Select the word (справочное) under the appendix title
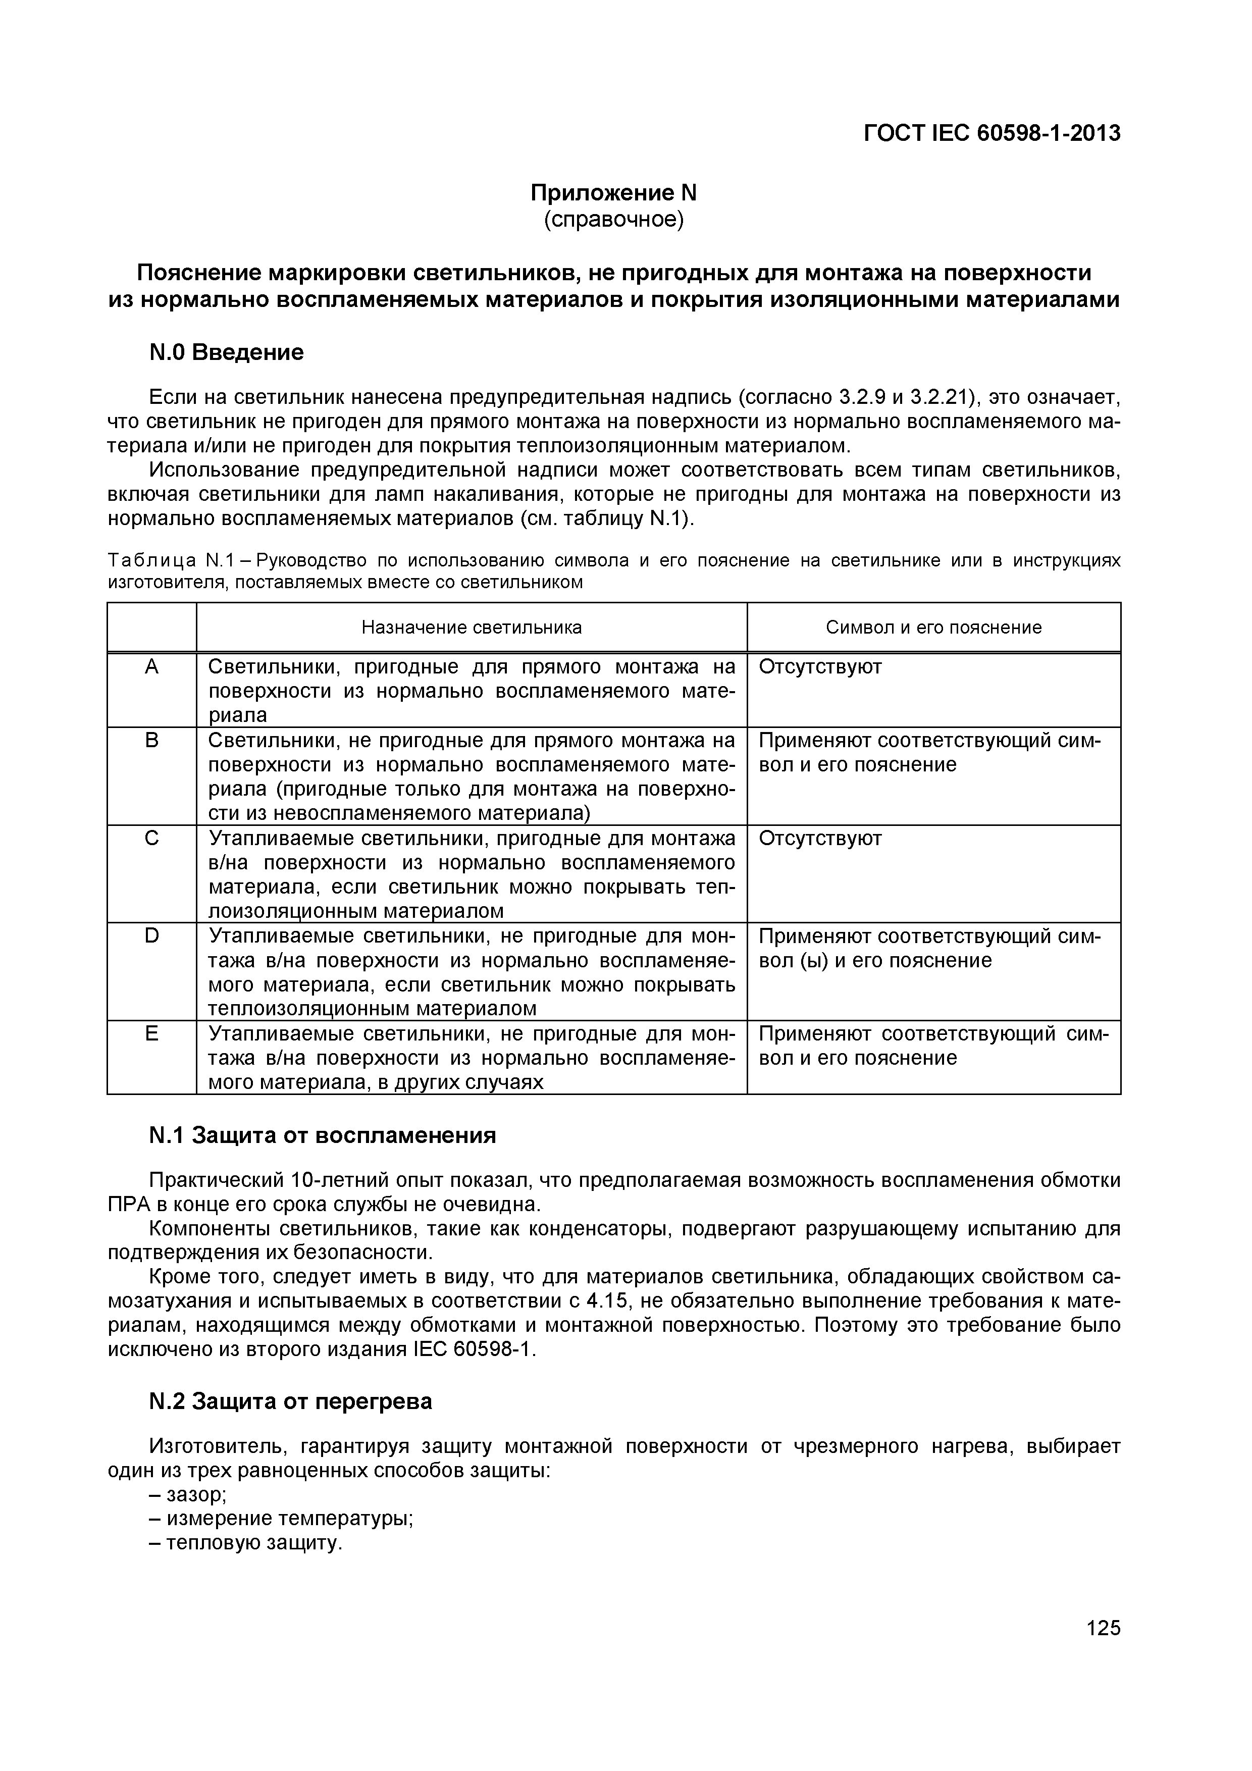(x=613, y=220)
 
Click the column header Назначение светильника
(x=472, y=627)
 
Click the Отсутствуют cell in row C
(x=819, y=839)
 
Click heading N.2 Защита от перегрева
(x=290, y=1401)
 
